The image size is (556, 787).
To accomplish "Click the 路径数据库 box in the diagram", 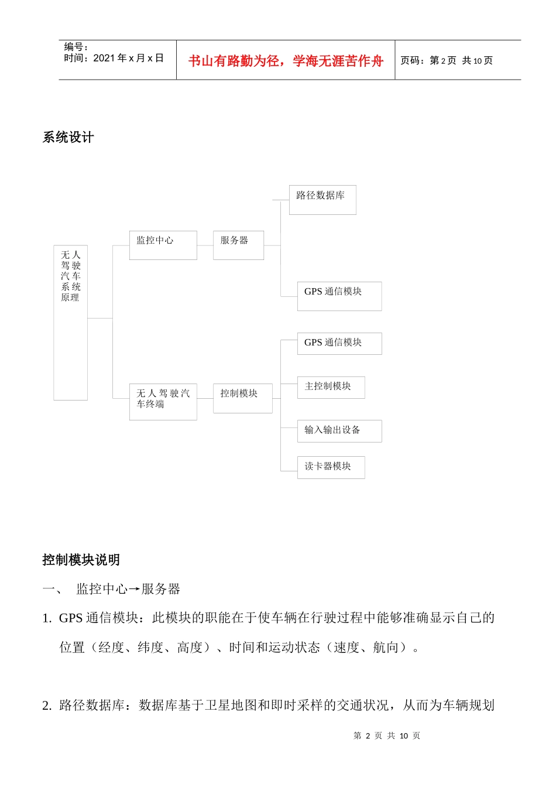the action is [322, 200].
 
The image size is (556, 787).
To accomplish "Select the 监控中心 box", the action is [163, 245].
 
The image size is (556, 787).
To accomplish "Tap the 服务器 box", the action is [238, 245].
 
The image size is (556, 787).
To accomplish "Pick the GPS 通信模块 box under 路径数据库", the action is [339, 296].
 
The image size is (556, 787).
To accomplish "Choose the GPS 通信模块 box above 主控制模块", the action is [339, 343].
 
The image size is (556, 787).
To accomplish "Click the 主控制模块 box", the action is [331, 387].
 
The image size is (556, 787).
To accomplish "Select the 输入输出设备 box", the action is [339, 430].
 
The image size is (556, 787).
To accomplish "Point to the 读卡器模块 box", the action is [331, 467].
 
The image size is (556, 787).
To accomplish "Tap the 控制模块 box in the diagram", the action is [242, 398].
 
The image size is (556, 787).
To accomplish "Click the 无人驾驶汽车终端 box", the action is [163, 402].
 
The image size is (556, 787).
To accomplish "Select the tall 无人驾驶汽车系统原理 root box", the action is [70, 323].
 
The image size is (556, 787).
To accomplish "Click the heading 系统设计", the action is [68, 138].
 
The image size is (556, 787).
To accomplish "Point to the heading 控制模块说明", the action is [81, 560].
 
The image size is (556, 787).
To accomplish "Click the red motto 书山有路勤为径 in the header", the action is [286, 61].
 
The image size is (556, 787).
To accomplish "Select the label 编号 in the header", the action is [75, 47].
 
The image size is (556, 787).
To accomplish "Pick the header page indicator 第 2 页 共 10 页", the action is [447, 60].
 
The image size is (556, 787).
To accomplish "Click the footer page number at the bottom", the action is [387, 735].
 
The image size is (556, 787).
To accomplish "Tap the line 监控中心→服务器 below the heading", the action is [128, 589].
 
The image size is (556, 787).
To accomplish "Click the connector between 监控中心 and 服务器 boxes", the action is [205, 245].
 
